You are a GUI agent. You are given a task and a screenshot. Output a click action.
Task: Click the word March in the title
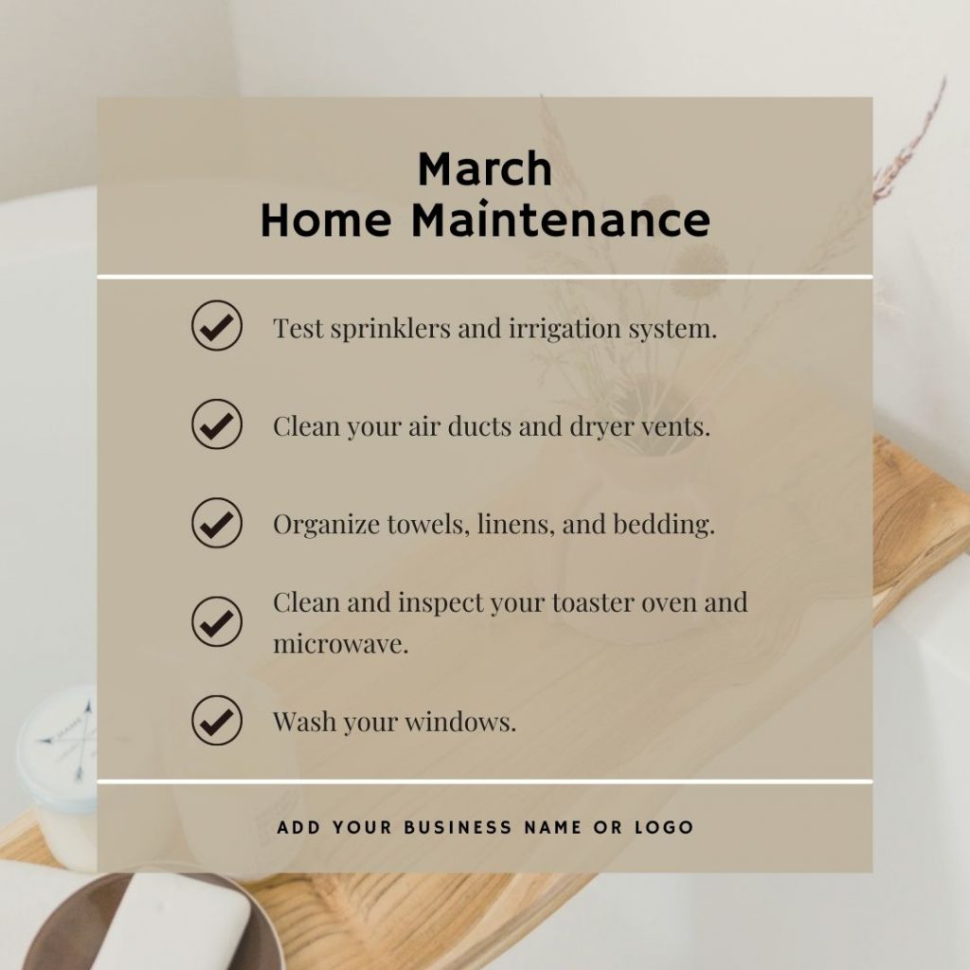[x=485, y=169]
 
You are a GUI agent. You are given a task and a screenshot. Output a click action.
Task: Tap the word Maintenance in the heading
[x=561, y=219]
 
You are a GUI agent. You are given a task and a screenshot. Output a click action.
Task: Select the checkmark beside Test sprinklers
[x=217, y=326]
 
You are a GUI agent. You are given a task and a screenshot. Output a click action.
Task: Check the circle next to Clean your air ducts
[x=217, y=423]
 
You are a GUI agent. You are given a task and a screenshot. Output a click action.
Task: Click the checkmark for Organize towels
[x=217, y=523]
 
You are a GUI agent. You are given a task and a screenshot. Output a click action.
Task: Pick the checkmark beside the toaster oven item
[x=217, y=621]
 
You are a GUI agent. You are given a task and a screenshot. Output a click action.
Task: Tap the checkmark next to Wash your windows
[x=217, y=720]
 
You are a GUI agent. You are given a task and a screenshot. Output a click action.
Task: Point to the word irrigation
[x=565, y=330]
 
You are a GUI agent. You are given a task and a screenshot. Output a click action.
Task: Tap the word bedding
[x=664, y=525]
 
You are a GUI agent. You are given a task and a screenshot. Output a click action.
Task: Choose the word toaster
[x=593, y=603]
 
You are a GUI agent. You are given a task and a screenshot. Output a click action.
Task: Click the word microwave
[x=341, y=644]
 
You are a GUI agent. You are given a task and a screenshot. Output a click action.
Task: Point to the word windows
[x=460, y=722]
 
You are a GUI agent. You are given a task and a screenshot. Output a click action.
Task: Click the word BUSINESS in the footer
[x=458, y=827]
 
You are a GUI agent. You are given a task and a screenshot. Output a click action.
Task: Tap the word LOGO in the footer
[x=664, y=827]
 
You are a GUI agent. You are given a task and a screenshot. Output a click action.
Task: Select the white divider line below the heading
[x=485, y=278]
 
